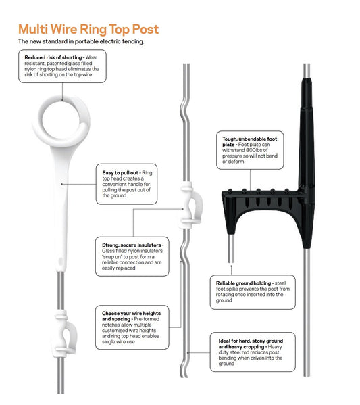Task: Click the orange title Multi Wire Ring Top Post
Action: pos(88,29)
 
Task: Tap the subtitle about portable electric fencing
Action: pos(81,41)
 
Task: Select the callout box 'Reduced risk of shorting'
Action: pos(62,66)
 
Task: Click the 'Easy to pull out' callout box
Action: pos(126,184)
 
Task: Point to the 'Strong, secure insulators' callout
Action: pos(132,256)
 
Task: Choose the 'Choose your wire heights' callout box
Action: pos(132,327)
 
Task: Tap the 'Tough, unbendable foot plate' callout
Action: pos(250,150)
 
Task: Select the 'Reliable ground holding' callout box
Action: pos(253,292)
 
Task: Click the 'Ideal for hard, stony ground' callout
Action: pos(253,352)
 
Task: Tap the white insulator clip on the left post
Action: pos(65,334)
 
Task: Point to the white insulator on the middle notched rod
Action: pos(191,206)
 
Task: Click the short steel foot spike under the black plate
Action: pos(231,248)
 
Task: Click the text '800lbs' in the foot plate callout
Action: pos(253,150)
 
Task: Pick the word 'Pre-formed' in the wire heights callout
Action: pos(147,319)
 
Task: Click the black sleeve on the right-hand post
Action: pos(307,160)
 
